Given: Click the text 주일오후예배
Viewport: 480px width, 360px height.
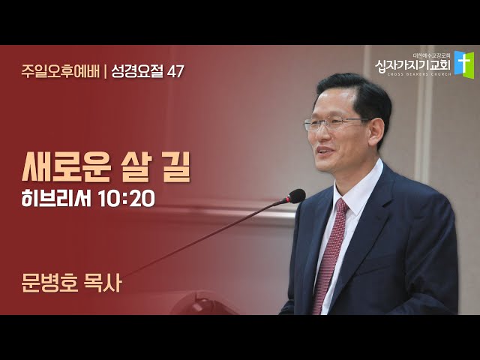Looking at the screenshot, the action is coord(61,72).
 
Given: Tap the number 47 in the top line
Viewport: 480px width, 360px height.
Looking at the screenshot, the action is coord(175,72).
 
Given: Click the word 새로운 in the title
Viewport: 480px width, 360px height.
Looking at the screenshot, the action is coord(66,167).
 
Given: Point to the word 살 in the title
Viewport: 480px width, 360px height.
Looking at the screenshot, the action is coord(134,167).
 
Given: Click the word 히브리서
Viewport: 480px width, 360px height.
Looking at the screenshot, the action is coord(56,198).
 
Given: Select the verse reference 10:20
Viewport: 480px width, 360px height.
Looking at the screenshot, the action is coord(127,199).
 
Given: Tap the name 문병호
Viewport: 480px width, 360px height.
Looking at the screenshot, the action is coord(49,283).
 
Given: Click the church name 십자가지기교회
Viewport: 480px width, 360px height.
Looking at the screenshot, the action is coord(412,65).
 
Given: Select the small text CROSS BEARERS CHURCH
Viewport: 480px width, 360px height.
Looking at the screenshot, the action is coord(418,74).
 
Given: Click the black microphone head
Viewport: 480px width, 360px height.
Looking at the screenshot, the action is coord(295,196).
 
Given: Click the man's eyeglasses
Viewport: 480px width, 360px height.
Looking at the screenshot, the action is coord(335,123).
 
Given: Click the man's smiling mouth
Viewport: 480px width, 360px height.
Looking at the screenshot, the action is coord(324,150).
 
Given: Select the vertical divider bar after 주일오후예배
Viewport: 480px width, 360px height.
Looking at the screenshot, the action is coord(106,72).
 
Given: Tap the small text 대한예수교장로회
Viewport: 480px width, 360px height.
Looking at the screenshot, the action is coord(431,56).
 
